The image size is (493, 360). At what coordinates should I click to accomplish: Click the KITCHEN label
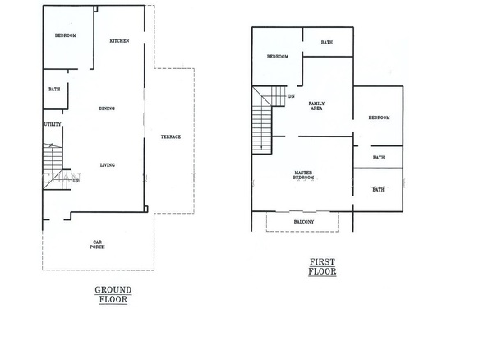[119, 40]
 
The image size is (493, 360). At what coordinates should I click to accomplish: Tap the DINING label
[107, 108]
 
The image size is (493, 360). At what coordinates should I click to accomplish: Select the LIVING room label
[107, 165]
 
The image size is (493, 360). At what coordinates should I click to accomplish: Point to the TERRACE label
[171, 136]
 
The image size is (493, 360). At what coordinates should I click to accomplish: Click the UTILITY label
[53, 124]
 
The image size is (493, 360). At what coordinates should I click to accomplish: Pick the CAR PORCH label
[97, 245]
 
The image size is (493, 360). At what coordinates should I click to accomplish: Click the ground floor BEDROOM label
[66, 35]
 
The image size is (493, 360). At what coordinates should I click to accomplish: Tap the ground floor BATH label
[54, 90]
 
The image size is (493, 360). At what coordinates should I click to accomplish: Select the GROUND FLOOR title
[113, 294]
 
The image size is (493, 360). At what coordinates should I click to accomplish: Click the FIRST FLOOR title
[322, 266]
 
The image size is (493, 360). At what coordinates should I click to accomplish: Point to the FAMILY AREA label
[316, 106]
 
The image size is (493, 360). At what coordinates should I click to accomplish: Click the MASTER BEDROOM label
[303, 175]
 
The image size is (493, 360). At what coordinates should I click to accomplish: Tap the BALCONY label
[304, 222]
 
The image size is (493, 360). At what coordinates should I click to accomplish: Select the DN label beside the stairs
[292, 96]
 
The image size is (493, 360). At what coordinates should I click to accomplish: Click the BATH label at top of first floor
[327, 42]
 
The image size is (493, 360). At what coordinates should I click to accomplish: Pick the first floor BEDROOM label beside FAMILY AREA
[379, 118]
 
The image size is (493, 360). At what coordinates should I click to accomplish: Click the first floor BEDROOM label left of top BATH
[278, 57]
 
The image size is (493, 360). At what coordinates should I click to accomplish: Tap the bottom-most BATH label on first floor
[378, 190]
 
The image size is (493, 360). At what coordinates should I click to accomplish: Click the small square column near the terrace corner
[146, 209]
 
